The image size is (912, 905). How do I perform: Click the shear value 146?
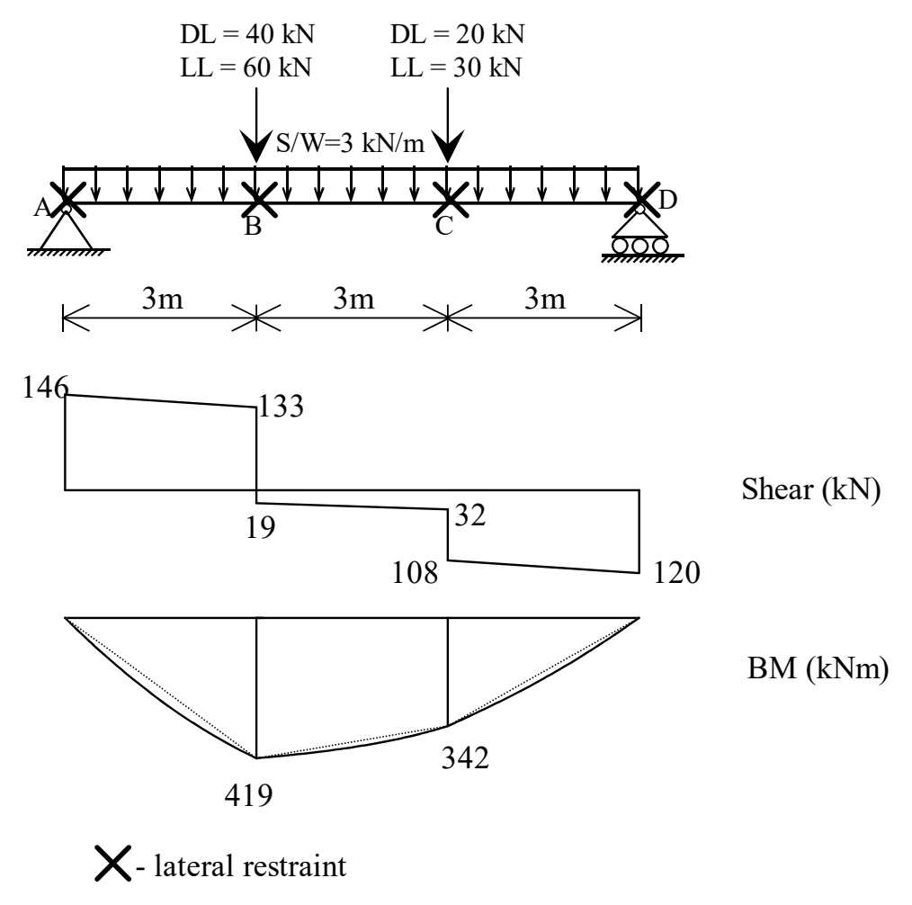click(45, 387)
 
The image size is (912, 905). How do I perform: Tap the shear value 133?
click(281, 406)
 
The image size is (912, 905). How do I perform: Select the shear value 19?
click(260, 527)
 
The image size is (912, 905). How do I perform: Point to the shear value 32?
click(469, 515)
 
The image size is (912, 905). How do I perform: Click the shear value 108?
click(415, 573)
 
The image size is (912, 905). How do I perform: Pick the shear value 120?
click(676, 573)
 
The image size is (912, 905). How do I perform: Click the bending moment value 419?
click(248, 795)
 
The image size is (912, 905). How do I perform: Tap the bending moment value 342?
click(465, 757)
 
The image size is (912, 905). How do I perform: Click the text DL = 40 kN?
click(247, 34)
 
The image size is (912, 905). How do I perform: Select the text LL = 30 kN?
click(455, 67)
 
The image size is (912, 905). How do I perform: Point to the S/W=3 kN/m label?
click(350, 142)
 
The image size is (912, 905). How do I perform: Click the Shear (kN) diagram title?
click(810, 489)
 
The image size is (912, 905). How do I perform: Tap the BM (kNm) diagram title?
click(818, 668)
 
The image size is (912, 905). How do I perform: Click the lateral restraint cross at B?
click(259, 200)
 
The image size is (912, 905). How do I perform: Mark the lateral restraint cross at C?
click(451, 200)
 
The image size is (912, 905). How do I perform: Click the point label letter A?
click(42, 207)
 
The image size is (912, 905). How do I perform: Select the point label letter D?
click(667, 200)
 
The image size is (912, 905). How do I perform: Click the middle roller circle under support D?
click(639, 246)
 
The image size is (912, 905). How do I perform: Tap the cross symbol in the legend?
click(112, 864)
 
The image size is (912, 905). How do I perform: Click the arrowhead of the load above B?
click(256, 147)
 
